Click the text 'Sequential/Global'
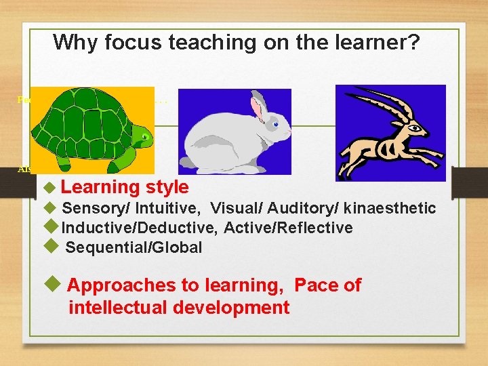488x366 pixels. pyautogui.click(x=134, y=247)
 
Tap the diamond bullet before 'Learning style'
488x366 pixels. pyautogui.click(x=47, y=187)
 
